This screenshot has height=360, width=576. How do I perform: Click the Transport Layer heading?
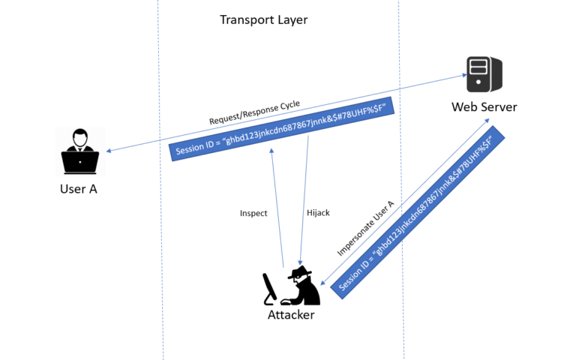263,19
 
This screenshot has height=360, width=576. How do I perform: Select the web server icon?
484,74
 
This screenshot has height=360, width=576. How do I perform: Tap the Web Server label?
484,106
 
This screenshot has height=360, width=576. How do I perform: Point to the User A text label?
79,189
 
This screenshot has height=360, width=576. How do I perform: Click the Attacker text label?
291,315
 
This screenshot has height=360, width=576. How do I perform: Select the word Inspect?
253,213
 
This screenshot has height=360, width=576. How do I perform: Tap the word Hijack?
318,213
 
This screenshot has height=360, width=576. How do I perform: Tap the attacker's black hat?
301,271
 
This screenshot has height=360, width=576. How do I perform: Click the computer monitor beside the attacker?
269,289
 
